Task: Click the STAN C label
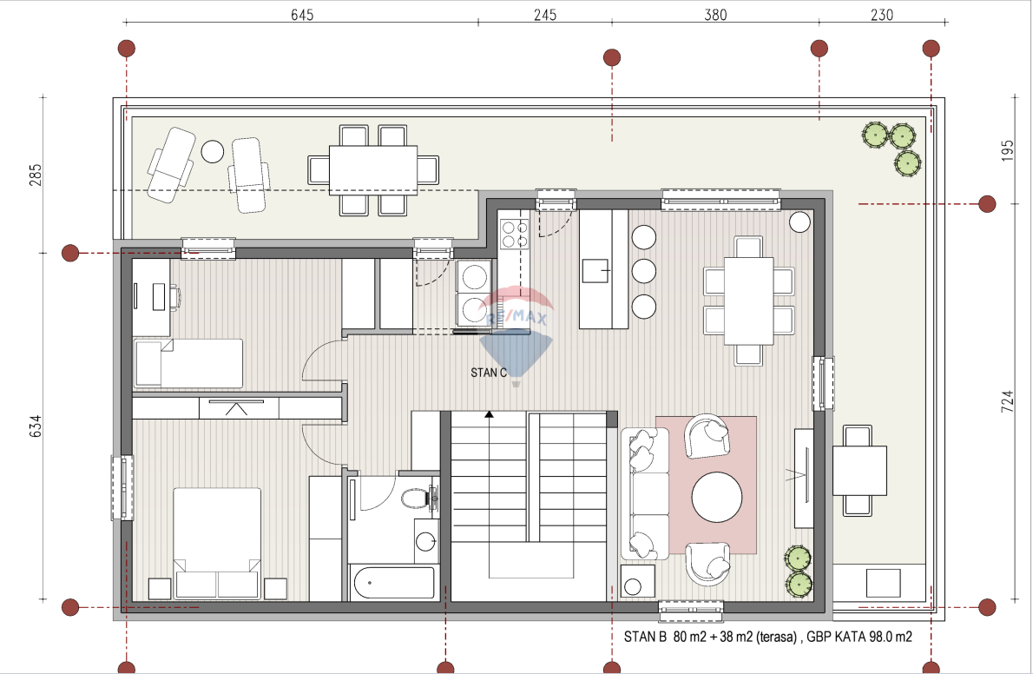pos(489,373)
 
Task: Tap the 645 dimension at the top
pos(302,15)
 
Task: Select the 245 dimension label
pos(545,15)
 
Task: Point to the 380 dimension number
pos(715,15)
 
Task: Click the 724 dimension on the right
pos(1008,401)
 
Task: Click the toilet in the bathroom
pos(417,498)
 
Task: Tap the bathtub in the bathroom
pos(394,582)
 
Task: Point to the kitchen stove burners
pos(515,235)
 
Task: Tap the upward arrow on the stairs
pos(489,414)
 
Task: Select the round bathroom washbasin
pos(425,541)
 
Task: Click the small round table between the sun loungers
pos(212,152)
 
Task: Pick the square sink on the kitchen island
pos(595,270)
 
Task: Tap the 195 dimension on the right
pos(1008,150)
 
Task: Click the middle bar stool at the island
pos(643,271)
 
